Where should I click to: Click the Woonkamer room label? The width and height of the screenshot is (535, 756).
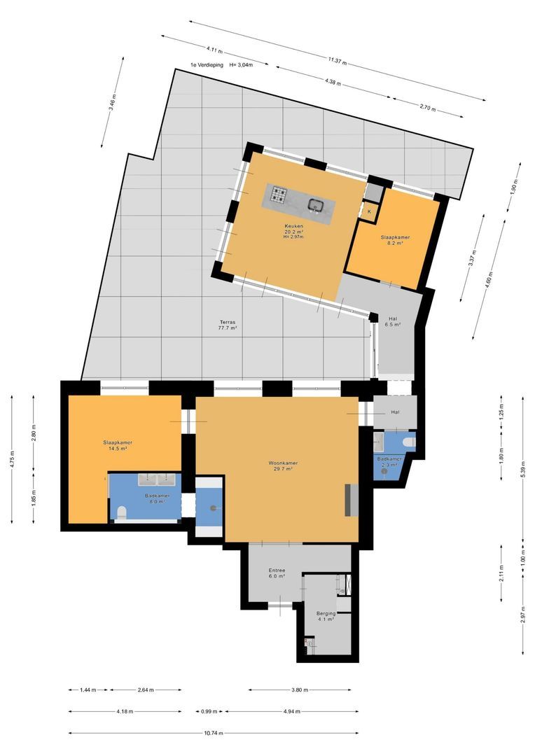tap(283, 465)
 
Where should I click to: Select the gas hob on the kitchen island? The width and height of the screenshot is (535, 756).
tap(279, 195)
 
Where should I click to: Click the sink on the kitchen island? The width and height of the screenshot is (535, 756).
tap(315, 205)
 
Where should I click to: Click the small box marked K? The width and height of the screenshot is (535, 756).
tap(370, 211)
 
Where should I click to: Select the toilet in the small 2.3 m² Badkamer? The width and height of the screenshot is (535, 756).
tap(410, 441)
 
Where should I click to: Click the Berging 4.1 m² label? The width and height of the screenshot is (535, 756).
tap(326, 616)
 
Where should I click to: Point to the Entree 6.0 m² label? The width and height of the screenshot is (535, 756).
tap(277, 573)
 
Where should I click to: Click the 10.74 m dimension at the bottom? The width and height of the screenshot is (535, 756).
tap(214, 734)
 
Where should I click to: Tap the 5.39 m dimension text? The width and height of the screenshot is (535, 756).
tap(522, 468)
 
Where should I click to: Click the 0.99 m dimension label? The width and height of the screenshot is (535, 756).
tap(209, 711)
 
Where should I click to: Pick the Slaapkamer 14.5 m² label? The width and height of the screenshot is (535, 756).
tap(117, 445)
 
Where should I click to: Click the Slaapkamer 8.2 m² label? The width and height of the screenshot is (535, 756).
tap(395, 240)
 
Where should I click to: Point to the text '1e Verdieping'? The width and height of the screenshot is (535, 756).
tap(207, 64)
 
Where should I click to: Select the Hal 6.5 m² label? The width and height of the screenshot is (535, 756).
tap(393, 321)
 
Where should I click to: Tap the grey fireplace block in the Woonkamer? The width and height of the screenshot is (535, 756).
tap(351, 500)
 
